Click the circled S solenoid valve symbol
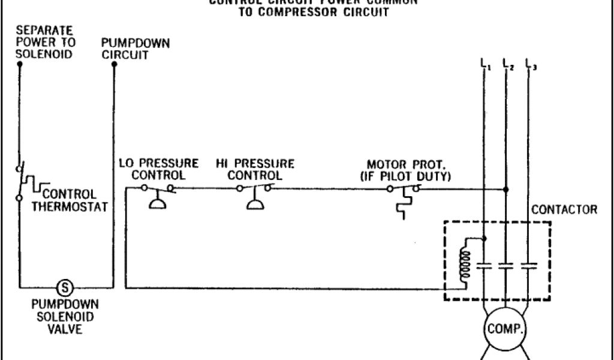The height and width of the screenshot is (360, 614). [64, 287]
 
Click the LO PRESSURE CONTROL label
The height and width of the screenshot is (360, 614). [158, 169]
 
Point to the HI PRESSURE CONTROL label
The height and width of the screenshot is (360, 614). [255, 169]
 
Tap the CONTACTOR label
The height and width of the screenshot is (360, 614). [564, 210]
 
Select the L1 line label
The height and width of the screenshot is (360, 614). [484, 64]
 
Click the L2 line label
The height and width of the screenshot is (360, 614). [508, 64]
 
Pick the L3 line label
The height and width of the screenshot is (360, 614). [530, 64]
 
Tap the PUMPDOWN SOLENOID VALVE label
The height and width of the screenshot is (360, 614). [64, 317]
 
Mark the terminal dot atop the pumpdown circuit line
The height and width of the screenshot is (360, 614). [115, 64]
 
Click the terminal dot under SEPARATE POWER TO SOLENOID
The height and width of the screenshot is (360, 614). [19, 64]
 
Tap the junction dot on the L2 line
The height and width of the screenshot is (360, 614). [506, 188]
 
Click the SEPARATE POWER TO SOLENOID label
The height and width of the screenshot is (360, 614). [46, 42]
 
